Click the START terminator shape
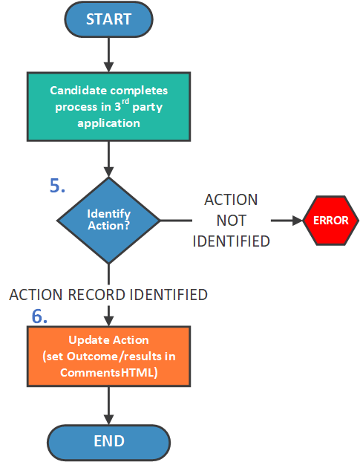(108, 19)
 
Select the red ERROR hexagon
(330, 221)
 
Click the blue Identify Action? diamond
(108, 220)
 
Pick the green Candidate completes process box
(108, 107)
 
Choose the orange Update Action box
(108, 357)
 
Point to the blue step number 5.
(57, 186)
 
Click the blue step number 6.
(39, 316)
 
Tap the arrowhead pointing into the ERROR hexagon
(298, 221)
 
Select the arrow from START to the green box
(108, 55)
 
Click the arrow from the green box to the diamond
(108, 159)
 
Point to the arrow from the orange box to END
(108, 406)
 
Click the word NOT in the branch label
(232, 221)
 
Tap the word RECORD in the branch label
(96, 295)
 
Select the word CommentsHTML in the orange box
(107, 373)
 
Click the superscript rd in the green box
(125, 101)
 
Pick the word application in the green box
(108, 123)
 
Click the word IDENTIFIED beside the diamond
(232, 241)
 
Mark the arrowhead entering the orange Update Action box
(108, 321)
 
